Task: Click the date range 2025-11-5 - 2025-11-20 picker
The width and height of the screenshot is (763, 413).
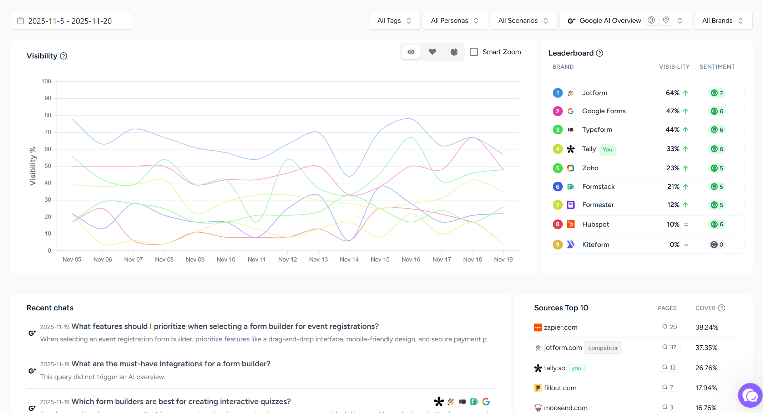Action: coord(71,21)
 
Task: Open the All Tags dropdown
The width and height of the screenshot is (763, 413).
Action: coord(394,21)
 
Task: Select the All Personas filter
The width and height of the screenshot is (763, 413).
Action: coord(454,21)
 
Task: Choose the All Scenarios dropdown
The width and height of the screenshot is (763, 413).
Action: coord(523,21)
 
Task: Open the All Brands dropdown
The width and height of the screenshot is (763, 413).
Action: coord(722,21)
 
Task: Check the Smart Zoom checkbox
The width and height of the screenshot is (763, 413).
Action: coord(474,52)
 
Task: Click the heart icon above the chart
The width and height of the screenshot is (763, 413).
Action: coord(432,52)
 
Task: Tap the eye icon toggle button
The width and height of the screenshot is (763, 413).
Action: coord(411,52)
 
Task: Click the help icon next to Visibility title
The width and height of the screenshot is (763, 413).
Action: coord(64,56)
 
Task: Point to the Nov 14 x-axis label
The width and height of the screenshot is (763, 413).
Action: coord(349,259)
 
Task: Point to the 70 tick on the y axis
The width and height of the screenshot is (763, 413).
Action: coord(48,132)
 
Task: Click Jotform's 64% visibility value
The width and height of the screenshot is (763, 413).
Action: coord(672,93)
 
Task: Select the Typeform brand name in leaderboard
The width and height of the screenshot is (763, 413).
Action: coord(597,130)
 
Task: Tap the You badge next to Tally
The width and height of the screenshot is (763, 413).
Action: coord(607,149)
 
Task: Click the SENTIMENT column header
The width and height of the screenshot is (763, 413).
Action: coord(717,67)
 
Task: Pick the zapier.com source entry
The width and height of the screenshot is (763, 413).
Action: coord(560,327)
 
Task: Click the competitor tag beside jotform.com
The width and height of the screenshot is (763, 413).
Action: coord(602,348)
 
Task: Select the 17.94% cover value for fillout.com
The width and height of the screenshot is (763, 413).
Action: coord(706,388)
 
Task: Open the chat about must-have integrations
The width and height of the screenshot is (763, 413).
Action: coord(171,364)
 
